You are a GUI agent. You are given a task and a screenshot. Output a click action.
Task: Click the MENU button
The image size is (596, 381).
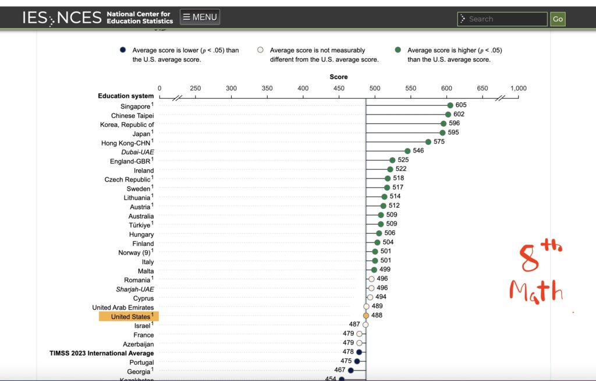(x=200, y=17)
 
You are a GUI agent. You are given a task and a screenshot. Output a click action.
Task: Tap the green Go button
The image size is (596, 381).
(x=558, y=19)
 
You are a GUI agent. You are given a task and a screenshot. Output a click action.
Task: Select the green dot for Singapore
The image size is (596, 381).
(x=450, y=105)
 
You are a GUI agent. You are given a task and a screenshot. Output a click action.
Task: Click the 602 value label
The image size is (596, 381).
(x=459, y=114)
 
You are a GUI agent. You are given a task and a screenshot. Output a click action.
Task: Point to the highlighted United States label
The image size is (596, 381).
(x=129, y=316)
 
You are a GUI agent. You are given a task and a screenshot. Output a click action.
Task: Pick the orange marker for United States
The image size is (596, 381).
(x=366, y=315)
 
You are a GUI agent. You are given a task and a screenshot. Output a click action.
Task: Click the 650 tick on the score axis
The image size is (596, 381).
(x=483, y=88)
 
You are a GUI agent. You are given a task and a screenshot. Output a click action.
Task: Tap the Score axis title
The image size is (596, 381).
(x=339, y=77)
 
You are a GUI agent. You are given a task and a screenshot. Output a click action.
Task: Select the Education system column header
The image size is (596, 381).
(x=126, y=96)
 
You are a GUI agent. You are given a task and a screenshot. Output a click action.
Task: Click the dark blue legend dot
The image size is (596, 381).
(x=123, y=50)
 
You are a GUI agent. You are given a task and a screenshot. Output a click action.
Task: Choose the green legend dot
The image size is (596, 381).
(x=398, y=50)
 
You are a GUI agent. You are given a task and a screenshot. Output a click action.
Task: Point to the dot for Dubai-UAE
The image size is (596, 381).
(x=407, y=151)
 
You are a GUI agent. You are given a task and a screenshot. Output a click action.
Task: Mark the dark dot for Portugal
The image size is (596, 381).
(x=357, y=361)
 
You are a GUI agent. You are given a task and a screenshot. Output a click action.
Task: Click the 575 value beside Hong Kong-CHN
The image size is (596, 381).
(x=439, y=141)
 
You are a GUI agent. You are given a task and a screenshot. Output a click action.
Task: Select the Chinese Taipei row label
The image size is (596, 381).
(x=133, y=116)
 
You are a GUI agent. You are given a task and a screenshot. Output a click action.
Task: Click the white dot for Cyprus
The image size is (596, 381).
(x=370, y=297)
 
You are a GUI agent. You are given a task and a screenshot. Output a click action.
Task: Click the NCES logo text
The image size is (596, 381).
(x=79, y=18)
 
